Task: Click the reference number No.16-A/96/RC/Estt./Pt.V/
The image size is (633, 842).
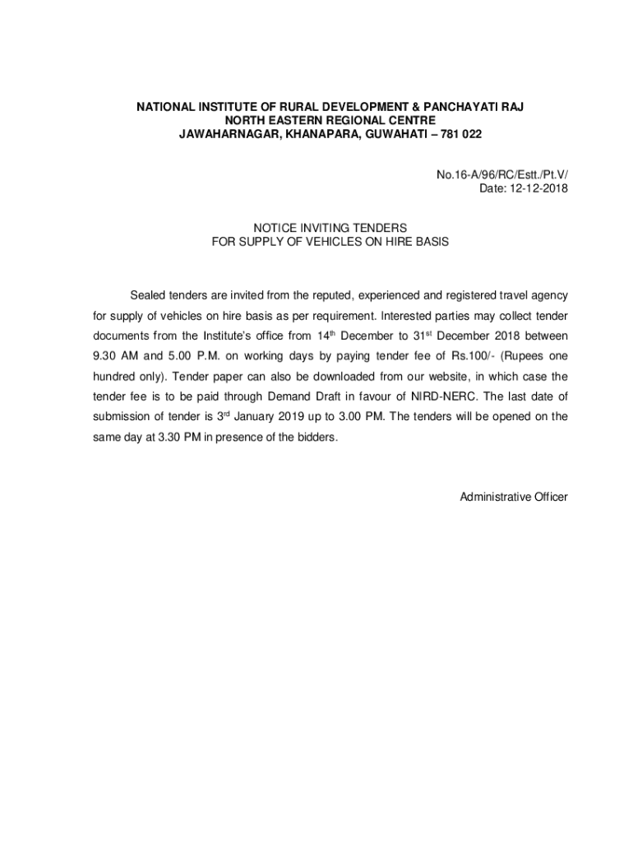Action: [502, 175]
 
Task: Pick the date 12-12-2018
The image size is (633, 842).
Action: [534, 188]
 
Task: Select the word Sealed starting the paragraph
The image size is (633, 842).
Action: [148, 295]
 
